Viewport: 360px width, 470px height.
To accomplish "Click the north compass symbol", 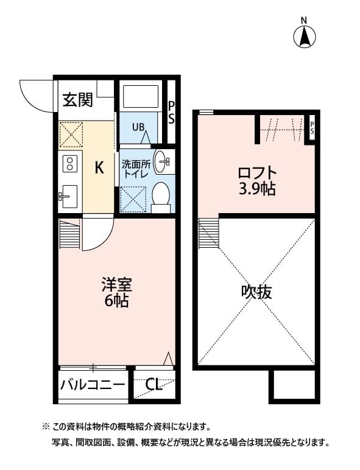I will pos(305,36).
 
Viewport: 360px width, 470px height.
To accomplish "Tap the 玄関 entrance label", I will pos(77,100).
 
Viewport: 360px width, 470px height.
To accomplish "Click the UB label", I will pos(139,127).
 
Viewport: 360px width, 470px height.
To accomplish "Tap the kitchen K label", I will pos(99,168).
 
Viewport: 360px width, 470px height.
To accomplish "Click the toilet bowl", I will pos(161,195).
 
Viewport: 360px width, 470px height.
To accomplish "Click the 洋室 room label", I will pos(116,284).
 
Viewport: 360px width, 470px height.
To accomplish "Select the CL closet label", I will pos(154,385).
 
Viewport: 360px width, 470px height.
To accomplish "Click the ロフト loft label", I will pos(256,173).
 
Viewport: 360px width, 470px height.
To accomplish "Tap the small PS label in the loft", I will pos(312,128).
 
